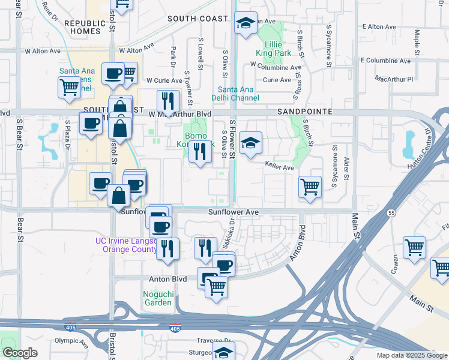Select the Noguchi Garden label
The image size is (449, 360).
point(158,298)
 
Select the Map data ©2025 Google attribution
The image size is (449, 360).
point(412,355)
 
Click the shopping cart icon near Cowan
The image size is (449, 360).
point(415,247)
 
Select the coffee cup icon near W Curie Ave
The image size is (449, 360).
point(112,73)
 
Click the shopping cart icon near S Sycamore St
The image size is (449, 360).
point(310,186)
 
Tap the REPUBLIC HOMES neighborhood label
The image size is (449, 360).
point(85,27)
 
